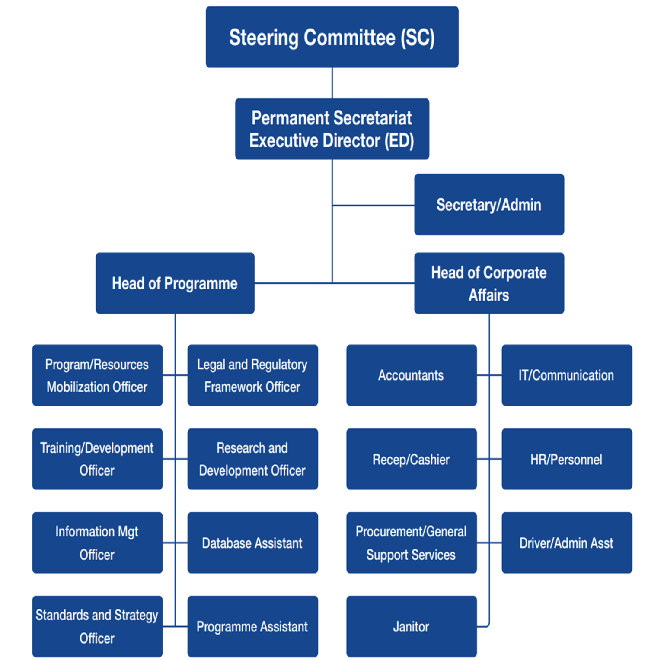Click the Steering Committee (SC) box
[x=332, y=37]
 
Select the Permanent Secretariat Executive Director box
[x=332, y=129]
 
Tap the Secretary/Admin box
[x=489, y=205]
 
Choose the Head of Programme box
[x=175, y=283]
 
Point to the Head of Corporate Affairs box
[x=489, y=283]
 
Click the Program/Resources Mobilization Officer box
[x=97, y=375]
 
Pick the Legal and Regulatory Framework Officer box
[x=252, y=375]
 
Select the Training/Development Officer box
[x=97, y=459]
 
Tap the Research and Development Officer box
[x=252, y=459]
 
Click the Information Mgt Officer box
[x=97, y=543]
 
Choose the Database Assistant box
[x=252, y=543]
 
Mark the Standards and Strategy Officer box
[x=97, y=627]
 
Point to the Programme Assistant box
[x=252, y=627]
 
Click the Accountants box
[x=411, y=375]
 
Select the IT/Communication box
[x=567, y=375]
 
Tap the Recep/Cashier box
[x=411, y=459]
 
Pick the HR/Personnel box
[x=567, y=459]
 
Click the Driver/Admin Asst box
[x=567, y=543]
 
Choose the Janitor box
[x=411, y=627]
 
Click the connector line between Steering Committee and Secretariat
[x=332, y=83]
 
